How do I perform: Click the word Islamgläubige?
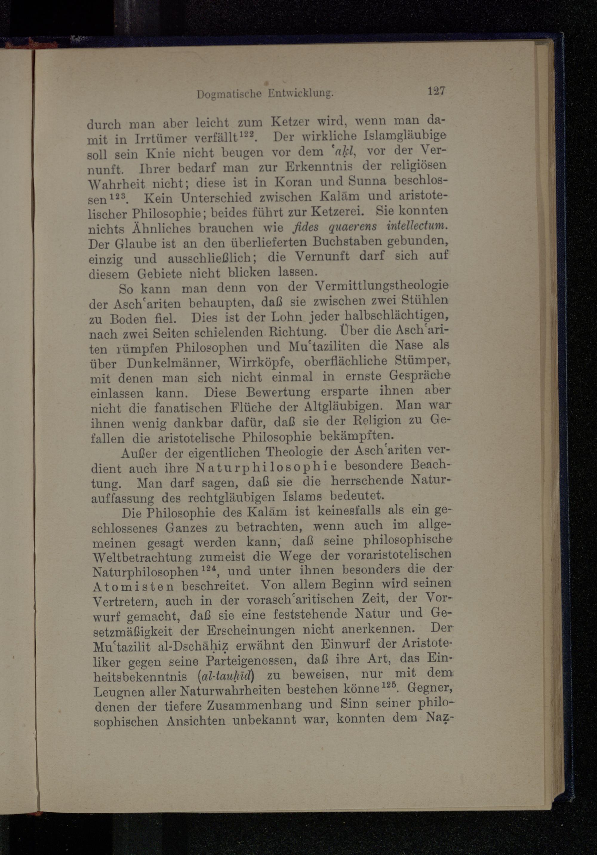pos(401,136)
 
